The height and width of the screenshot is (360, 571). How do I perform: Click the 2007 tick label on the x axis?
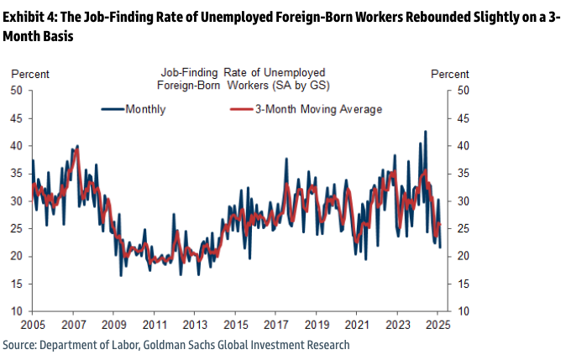coord(73,324)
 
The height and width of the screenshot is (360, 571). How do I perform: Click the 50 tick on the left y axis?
coord(18,91)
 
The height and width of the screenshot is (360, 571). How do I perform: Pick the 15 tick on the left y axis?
coord(18,284)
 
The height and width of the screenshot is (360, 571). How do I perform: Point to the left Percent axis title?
coord(30,74)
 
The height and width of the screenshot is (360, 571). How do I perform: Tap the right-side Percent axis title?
coord(450,74)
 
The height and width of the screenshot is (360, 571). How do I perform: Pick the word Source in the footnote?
coord(19,345)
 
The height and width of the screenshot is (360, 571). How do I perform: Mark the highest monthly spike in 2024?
coord(425,131)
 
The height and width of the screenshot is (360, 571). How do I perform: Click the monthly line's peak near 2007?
coord(77,146)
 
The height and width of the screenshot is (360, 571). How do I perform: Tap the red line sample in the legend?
coord(240,109)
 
